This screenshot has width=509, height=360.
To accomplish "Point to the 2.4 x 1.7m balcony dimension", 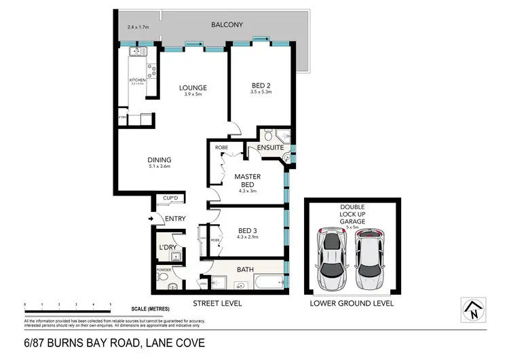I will tap(138, 28).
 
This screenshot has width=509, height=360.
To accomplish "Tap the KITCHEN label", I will tap(138, 80).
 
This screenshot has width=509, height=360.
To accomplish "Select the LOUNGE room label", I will tap(193, 88).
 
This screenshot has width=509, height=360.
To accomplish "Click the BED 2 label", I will tap(261, 86).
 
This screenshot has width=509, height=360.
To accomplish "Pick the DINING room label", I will tap(159, 160).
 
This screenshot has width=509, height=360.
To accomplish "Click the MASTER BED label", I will tap(248, 180).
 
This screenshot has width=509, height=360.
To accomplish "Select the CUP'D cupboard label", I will tap(170, 198).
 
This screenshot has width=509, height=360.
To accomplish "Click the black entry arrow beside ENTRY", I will tap(151, 218).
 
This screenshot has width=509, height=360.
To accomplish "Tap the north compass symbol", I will tap(471, 309).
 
